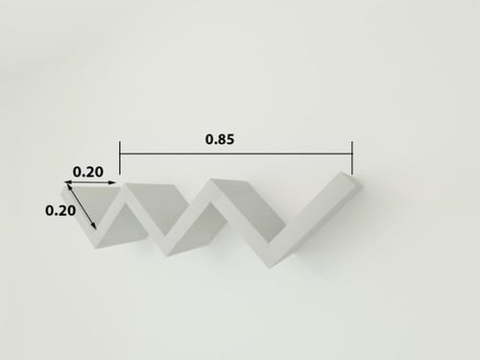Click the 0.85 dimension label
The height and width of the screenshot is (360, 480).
point(221,137)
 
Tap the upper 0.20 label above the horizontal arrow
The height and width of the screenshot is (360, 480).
point(88,172)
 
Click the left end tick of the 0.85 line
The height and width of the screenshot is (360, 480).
point(119,154)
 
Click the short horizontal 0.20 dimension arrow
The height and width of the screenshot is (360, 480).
point(92,182)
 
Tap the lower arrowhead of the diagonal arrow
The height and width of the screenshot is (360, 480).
point(94,226)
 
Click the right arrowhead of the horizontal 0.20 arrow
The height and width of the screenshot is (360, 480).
point(113,182)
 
